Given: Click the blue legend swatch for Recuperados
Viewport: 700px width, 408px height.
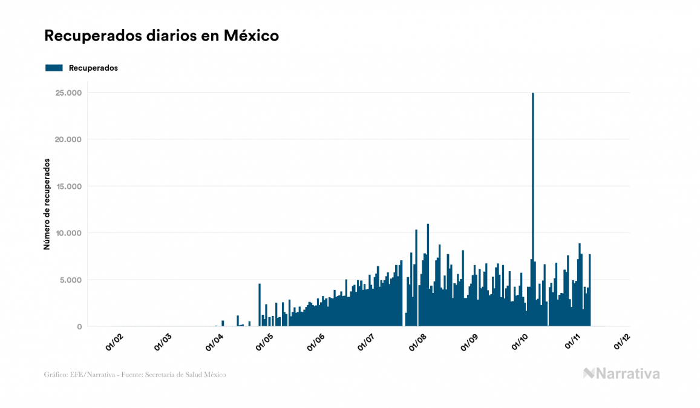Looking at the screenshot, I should tap(54, 68).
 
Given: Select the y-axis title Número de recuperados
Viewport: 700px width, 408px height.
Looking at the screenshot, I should tap(47, 205).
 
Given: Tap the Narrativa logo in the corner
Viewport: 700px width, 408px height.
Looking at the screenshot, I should tap(621, 373).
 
